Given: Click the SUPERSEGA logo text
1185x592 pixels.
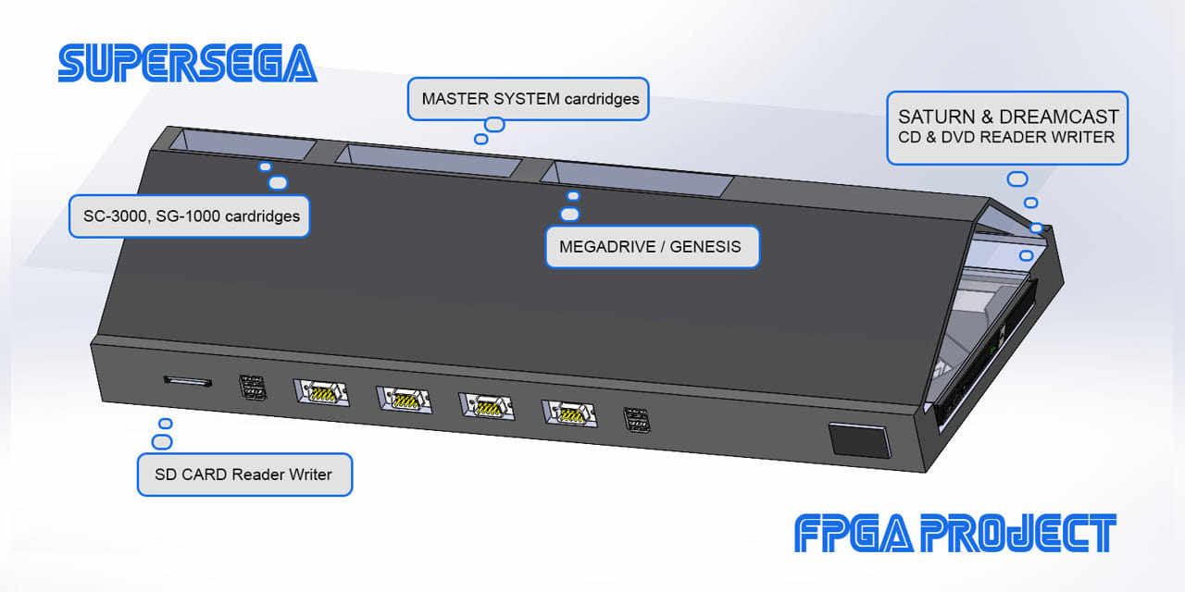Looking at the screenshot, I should [187, 63].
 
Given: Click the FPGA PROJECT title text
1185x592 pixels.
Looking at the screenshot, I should [954, 534].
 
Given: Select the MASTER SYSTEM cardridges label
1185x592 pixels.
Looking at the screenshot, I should [529, 98].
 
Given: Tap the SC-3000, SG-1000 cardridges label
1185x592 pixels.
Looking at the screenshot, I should [190, 216].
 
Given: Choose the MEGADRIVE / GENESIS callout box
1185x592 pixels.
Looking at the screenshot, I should [652, 247].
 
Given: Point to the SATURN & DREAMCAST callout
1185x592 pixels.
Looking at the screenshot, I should [1007, 128].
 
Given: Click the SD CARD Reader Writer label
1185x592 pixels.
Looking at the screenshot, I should [244, 475].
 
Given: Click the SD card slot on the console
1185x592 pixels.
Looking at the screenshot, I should [187, 380].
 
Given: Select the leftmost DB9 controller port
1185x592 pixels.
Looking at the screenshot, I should [321, 392].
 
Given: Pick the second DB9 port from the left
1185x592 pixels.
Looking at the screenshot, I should [404, 400].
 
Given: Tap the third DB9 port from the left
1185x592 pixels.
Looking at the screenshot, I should [487, 406].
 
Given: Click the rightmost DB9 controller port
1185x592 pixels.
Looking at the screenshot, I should [569, 413].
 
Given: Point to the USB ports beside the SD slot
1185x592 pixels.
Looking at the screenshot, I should [253, 388].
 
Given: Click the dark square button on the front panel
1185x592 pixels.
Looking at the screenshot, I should [858, 439].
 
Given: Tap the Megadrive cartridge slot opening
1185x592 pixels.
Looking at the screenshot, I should [642, 179].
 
